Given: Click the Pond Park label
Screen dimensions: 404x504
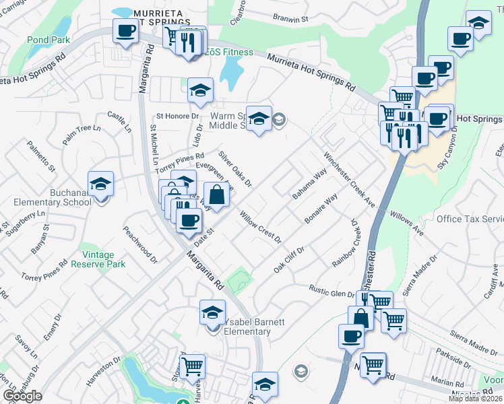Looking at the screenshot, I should tap(49, 40).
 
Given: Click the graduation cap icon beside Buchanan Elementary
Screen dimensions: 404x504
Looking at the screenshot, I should tap(100, 183).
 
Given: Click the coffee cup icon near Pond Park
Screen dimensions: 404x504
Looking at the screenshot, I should tap(125, 32).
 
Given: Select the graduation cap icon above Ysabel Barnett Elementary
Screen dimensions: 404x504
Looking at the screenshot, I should tap(212, 312).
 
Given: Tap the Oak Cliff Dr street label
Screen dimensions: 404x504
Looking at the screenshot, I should tap(289, 259).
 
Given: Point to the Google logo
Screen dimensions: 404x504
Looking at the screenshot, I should tap(22, 396).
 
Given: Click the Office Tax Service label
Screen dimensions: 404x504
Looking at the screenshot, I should tap(470, 220).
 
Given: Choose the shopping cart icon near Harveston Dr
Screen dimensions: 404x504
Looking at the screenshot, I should tap(193, 367).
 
